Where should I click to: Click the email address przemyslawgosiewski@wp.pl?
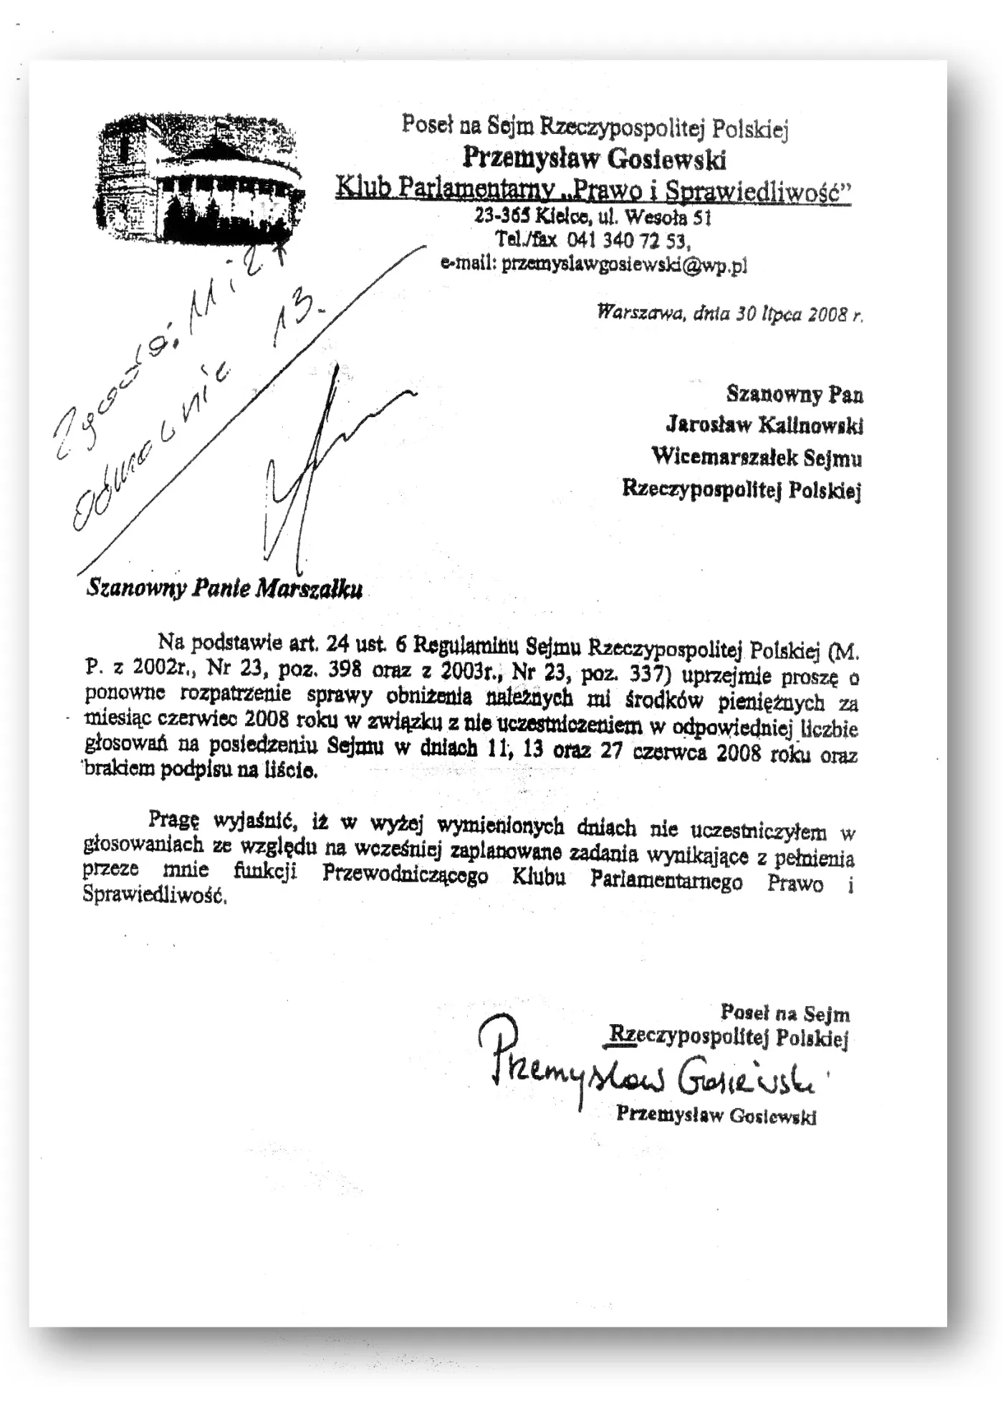624,264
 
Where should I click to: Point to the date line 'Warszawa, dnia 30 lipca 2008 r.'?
730,314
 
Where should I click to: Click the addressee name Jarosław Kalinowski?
764,425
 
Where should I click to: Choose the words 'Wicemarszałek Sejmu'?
757,457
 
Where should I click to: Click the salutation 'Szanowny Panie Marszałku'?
224,588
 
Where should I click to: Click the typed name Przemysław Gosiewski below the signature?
716,1115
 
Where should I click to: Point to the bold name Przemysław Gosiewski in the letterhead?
594,158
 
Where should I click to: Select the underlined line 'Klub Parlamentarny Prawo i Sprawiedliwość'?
593,189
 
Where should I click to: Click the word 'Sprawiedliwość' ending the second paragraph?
155,895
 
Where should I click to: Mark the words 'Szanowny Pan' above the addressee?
795,394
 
